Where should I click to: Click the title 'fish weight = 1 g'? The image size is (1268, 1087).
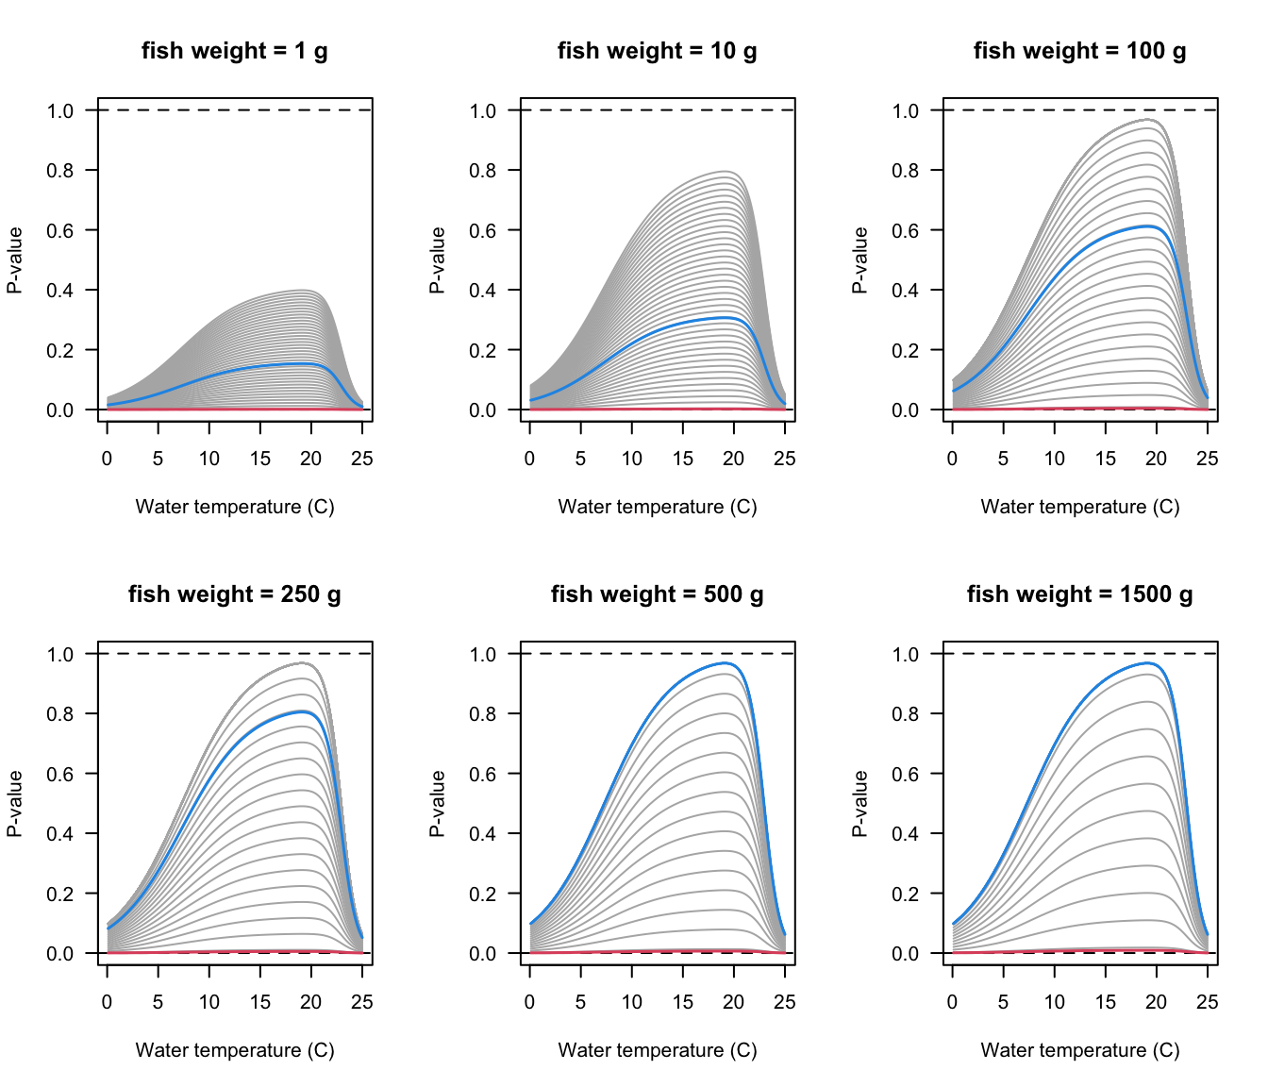coord(234,51)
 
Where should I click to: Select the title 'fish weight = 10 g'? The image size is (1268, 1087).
coord(657,51)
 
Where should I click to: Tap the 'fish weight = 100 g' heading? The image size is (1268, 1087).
coord(1079,51)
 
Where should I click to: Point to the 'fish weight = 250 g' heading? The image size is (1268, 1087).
coord(234,594)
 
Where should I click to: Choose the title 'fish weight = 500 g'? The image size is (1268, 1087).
coord(657,594)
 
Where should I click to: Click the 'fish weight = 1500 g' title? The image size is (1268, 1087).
coord(1079,594)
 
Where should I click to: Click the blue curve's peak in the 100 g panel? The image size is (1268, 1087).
coord(1147,226)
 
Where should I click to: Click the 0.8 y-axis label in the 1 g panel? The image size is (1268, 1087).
coord(60,171)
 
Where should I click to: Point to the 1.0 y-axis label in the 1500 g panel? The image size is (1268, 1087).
coord(906,654)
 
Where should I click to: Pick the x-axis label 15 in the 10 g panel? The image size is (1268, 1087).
coord(682,459)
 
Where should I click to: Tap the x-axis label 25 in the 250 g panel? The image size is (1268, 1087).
coord(362,1002)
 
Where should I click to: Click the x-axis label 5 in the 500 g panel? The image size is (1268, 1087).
coord(580,1002)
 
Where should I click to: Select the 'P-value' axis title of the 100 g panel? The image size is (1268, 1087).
coord(860,260)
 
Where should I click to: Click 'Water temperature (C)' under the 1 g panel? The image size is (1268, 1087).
coord(234,507)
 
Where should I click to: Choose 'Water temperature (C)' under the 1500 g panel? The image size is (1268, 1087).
coord(1079,1050)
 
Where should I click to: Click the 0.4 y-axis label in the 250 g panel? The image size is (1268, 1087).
coord(60,834)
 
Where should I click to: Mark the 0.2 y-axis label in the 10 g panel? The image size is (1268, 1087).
coord(483,350)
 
